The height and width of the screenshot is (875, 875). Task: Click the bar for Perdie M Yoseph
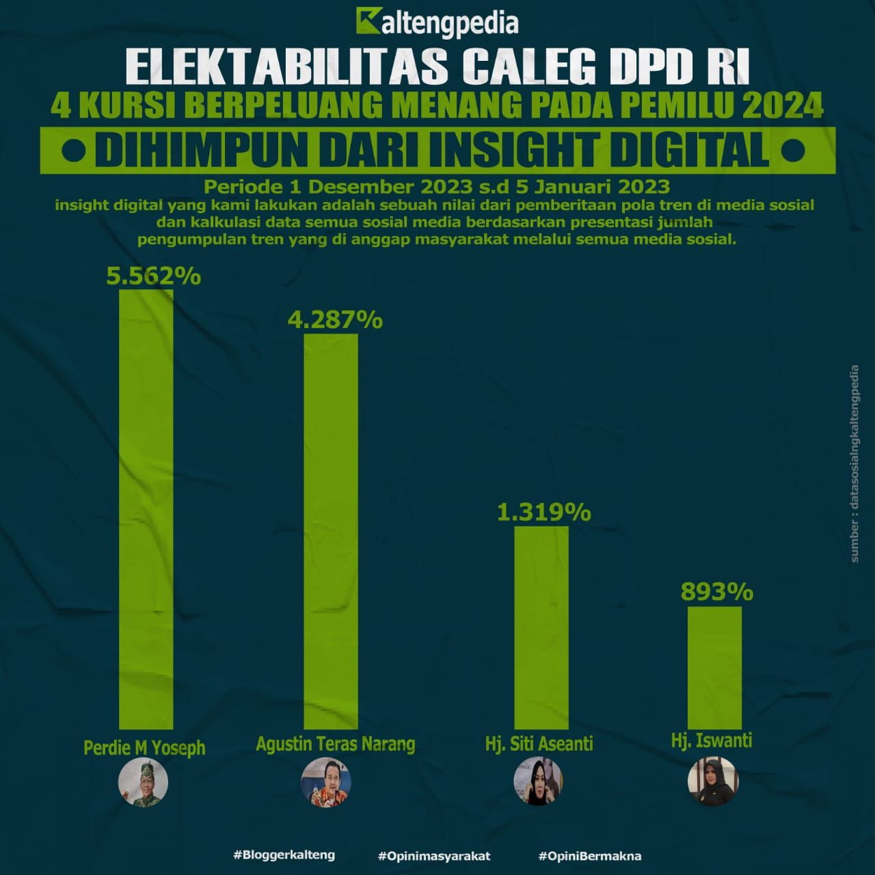[146, 509]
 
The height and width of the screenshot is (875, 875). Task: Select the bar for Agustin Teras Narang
[331, 531]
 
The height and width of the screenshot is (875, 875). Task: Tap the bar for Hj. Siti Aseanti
[541, 628]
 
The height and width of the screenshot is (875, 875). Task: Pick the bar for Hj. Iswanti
[714, 668]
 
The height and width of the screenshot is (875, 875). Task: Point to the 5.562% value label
[154, 275]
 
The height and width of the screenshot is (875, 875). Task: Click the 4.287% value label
[334, 319]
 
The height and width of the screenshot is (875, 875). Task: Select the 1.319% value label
[543, 512]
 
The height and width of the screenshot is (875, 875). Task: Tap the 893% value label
[716, 591]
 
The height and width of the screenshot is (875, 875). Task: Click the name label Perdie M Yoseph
[144, 747]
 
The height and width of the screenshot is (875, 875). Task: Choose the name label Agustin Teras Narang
[335, 744]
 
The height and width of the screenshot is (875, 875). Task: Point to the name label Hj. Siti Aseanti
[539, 744]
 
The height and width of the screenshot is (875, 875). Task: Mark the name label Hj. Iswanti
[712, 740]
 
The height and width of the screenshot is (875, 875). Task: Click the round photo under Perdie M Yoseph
[143, 783]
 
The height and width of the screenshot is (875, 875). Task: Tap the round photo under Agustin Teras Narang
[326, 781]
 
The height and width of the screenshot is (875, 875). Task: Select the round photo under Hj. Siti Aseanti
[538, 781]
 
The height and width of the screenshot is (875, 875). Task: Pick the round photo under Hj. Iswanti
[712, 781]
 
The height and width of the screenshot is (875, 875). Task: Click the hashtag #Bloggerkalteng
[284, 855]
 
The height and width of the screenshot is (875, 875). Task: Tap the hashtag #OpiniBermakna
[589, 856]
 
